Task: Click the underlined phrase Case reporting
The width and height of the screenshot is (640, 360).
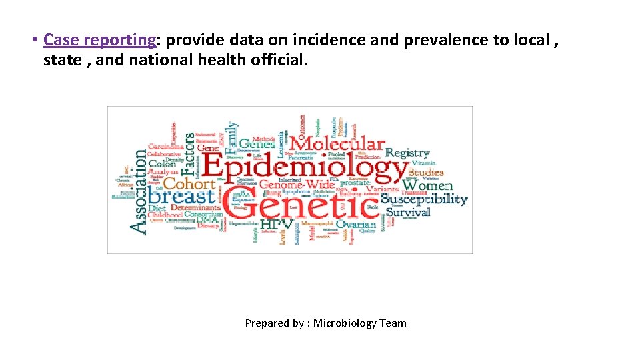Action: (99, 40)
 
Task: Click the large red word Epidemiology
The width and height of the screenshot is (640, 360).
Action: (305, 168)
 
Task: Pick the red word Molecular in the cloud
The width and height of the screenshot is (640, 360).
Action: (337, 143)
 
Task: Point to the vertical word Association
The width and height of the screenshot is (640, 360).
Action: (139, 191)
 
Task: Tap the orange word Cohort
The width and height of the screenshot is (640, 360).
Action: (189, 183)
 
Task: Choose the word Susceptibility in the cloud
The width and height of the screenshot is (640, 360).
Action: (424, 199)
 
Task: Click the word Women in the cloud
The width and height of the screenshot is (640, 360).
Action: (428, 185)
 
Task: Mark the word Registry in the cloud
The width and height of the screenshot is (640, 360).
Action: (407, 153)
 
